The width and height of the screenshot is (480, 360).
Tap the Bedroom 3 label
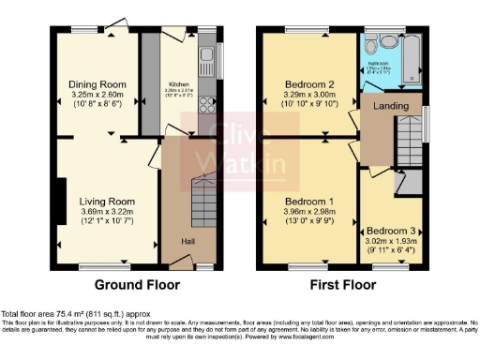pyautogui.click(x=391, y=230)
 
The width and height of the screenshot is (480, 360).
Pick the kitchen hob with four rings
pyautogui.click(x=206, y=121)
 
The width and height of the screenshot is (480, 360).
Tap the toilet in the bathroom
pyautogui.click(x=373, y=48)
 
